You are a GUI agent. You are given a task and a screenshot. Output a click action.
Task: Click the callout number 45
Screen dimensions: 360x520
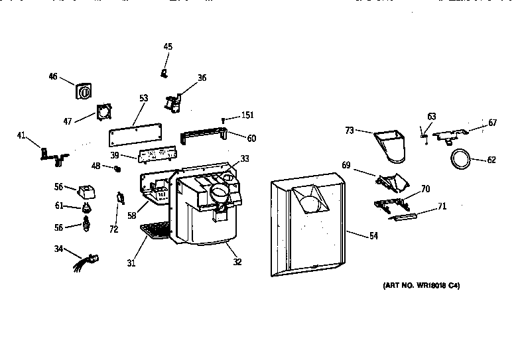(168, 46)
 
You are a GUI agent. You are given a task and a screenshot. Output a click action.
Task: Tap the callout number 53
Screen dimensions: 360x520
(143, 98)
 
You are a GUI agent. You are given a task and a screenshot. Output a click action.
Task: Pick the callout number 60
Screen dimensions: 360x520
(251, 138)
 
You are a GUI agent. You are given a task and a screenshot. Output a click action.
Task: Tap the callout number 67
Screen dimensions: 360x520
(492, 123)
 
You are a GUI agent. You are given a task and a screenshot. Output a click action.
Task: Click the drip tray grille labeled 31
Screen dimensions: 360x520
(155, 231)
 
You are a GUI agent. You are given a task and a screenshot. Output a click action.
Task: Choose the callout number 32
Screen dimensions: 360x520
(237, 261)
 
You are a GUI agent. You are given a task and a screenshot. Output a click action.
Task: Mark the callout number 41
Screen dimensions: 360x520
(21, 136)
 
